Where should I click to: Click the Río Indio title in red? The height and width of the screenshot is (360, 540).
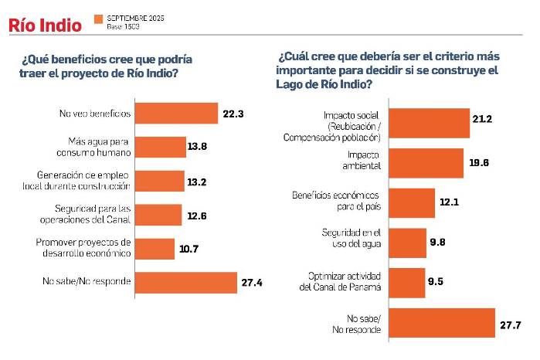coord(45,25)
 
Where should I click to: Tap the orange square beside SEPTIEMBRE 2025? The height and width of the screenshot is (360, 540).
coord(97,18)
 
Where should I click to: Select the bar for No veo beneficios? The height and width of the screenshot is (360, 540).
coord(176,114)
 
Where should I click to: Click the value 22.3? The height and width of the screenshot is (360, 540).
coord(233,114)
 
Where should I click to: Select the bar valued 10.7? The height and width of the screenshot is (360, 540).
coord(155,249)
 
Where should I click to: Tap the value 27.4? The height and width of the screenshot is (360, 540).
coord(252,283)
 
